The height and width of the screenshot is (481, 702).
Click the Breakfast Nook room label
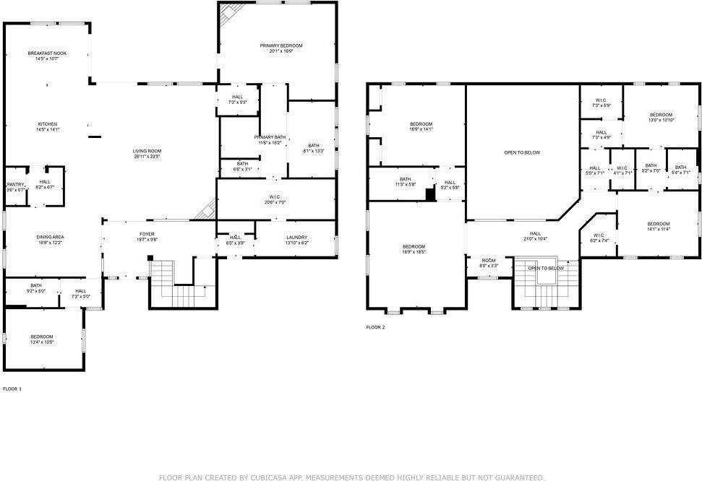(x=47, y=53)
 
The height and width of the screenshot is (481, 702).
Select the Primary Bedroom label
(x=281, y=45)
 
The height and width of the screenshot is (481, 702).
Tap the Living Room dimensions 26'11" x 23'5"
(x=147, y=156)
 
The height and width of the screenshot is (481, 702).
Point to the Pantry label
(x=15, y=185)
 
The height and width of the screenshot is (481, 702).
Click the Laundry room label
(x=296, y=238)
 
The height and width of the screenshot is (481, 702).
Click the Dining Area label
(x=51, y=237)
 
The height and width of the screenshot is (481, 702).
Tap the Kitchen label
(x=48, y=124)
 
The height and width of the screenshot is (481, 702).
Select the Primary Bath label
(x=270, y=137)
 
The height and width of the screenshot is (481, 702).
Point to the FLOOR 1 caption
(x=12, y=389)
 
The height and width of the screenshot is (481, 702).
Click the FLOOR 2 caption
(x=375, y=327)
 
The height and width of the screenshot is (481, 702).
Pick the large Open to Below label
(x=522, y=152)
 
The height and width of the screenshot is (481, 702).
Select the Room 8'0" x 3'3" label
(x=489, y=261)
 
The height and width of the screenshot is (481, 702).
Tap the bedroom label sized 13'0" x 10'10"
(x=661, y=116)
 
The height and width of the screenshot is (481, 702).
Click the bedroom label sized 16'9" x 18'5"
(x=414, y=247)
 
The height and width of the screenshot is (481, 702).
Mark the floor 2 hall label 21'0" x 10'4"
(x=535, y=234)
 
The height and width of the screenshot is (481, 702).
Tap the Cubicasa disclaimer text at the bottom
(x=351, y=477)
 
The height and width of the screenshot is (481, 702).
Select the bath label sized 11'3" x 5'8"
(x=405, y=180)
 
